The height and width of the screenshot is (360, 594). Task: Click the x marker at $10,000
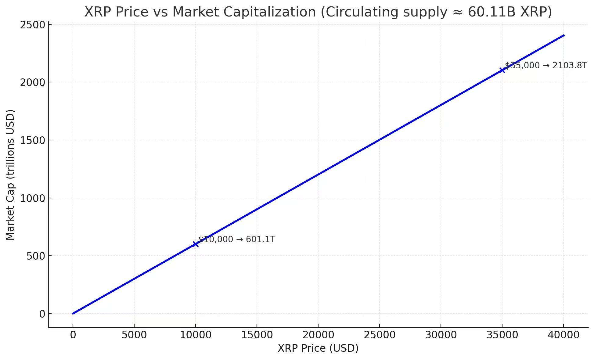click(195, 244)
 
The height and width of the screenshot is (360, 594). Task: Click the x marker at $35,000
click(502, 70)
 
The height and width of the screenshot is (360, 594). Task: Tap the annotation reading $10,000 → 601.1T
click(237, 239)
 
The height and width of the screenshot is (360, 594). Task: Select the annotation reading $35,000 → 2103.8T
click(546, 66)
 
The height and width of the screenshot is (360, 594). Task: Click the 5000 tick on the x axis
click(134, 335)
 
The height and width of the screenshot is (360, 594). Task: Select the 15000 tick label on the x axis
click(257, 335)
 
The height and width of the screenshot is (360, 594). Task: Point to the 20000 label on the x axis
click(318, 335)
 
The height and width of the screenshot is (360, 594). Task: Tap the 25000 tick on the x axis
click(380, 335)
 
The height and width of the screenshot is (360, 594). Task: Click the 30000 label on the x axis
click(441, 335)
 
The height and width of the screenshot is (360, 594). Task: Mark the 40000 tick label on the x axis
click(563, 335)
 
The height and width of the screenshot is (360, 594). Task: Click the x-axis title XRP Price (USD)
click(318, 348)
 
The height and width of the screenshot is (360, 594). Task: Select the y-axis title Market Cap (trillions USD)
click(10, 175)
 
